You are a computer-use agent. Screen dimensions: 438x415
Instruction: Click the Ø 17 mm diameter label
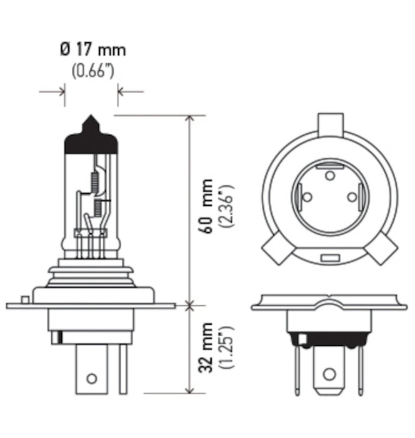tap(92, 48)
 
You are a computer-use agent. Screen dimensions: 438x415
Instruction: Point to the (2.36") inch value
tap(226, 206)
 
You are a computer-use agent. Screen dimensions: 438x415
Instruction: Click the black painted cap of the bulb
tap(91, 141)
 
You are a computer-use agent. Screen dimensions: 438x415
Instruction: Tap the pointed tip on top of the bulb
tap(91, 120)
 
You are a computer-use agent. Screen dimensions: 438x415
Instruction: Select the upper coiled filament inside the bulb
tap(95, 181)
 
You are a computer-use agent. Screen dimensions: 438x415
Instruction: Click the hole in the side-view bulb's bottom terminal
tap(91, 378)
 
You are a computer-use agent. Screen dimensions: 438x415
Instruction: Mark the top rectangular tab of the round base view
tap(329, 125)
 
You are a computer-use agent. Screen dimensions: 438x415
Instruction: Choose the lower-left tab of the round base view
tap(276, 250)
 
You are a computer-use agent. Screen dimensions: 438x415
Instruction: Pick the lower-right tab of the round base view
tap(382, 250)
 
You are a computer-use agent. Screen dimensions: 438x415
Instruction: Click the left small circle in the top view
tap(306, 197)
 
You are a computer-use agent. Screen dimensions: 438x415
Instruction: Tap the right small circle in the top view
tap(352, 197)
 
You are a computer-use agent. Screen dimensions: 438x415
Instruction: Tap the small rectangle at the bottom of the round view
tap(329, 257)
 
